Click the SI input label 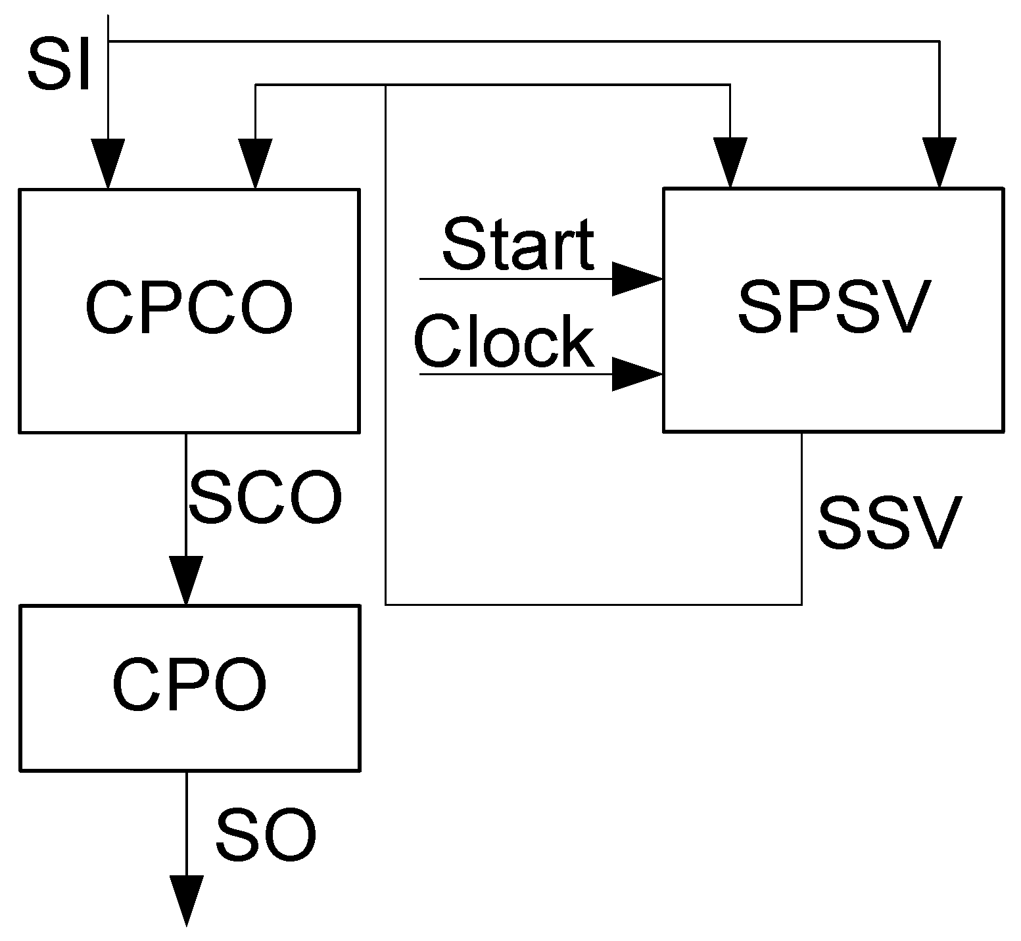point(59,66)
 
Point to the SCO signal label point(266,497)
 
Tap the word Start point(518,244)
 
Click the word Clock point(504,342)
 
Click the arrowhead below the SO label point(186,900)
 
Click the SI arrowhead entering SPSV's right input point(939,162)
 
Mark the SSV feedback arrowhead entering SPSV point(730,162)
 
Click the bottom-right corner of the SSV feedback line point(801,604)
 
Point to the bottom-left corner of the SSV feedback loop point(385,604)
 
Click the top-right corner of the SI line point(939,41)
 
